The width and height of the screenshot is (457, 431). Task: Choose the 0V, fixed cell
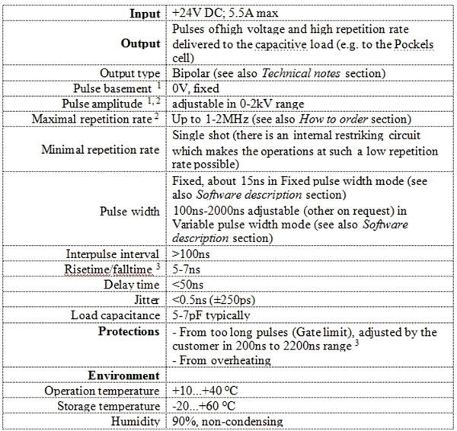click(197, 88)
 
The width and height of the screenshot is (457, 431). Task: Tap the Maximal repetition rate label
click(95, 119)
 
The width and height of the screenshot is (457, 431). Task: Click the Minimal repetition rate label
click(101, 148)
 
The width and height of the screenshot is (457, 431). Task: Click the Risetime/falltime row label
click(113, 269)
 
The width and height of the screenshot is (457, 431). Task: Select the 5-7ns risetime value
click(185, 269)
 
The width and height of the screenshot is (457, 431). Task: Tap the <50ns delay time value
click(186, 284)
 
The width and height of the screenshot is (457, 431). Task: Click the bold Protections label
click(129, 331)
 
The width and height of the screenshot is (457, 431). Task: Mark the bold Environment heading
click(124, 375)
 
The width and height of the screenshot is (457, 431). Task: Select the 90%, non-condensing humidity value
click(227, 421)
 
